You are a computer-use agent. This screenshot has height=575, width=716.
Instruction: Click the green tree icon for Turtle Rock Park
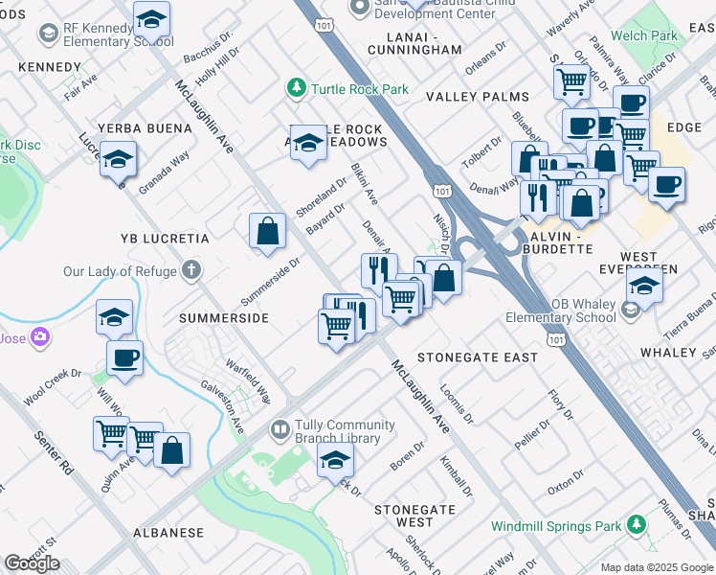298,89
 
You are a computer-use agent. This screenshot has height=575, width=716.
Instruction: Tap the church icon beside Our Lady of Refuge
191,271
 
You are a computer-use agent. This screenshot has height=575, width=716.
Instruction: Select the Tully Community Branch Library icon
280,430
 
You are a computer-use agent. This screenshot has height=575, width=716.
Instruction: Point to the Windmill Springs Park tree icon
635,526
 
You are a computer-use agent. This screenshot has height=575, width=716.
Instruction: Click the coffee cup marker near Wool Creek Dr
123,359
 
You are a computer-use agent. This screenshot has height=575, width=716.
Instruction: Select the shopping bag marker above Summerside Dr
267,231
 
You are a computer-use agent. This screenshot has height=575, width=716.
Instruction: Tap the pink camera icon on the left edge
39,336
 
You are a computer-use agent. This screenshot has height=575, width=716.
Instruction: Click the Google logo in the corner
32,563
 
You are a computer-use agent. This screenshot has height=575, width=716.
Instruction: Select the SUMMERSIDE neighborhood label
223,317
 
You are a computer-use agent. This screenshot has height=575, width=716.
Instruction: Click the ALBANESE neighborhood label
168,532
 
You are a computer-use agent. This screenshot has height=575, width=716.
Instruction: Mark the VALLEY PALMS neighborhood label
478,97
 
